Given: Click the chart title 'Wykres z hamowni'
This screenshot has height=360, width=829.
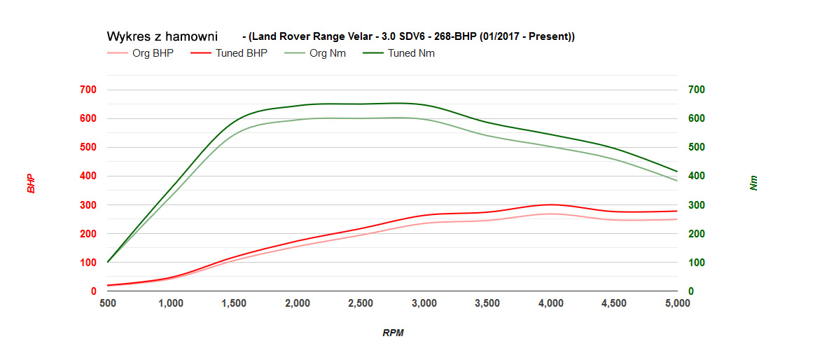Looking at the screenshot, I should click(162, 36).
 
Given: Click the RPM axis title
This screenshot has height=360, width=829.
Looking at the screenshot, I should click(393, 333).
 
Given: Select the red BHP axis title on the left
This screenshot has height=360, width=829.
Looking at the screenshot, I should click(31, 184).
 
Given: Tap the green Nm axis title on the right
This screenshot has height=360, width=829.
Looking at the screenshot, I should click(753, 184).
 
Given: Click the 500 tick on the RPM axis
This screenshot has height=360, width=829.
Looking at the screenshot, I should click(107, 303).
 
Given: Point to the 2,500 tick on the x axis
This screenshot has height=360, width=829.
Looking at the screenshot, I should click(361, 303).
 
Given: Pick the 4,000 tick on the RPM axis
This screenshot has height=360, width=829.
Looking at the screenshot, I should click(551, 303).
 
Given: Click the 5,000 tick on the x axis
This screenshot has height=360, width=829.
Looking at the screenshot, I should click(677, 303).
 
